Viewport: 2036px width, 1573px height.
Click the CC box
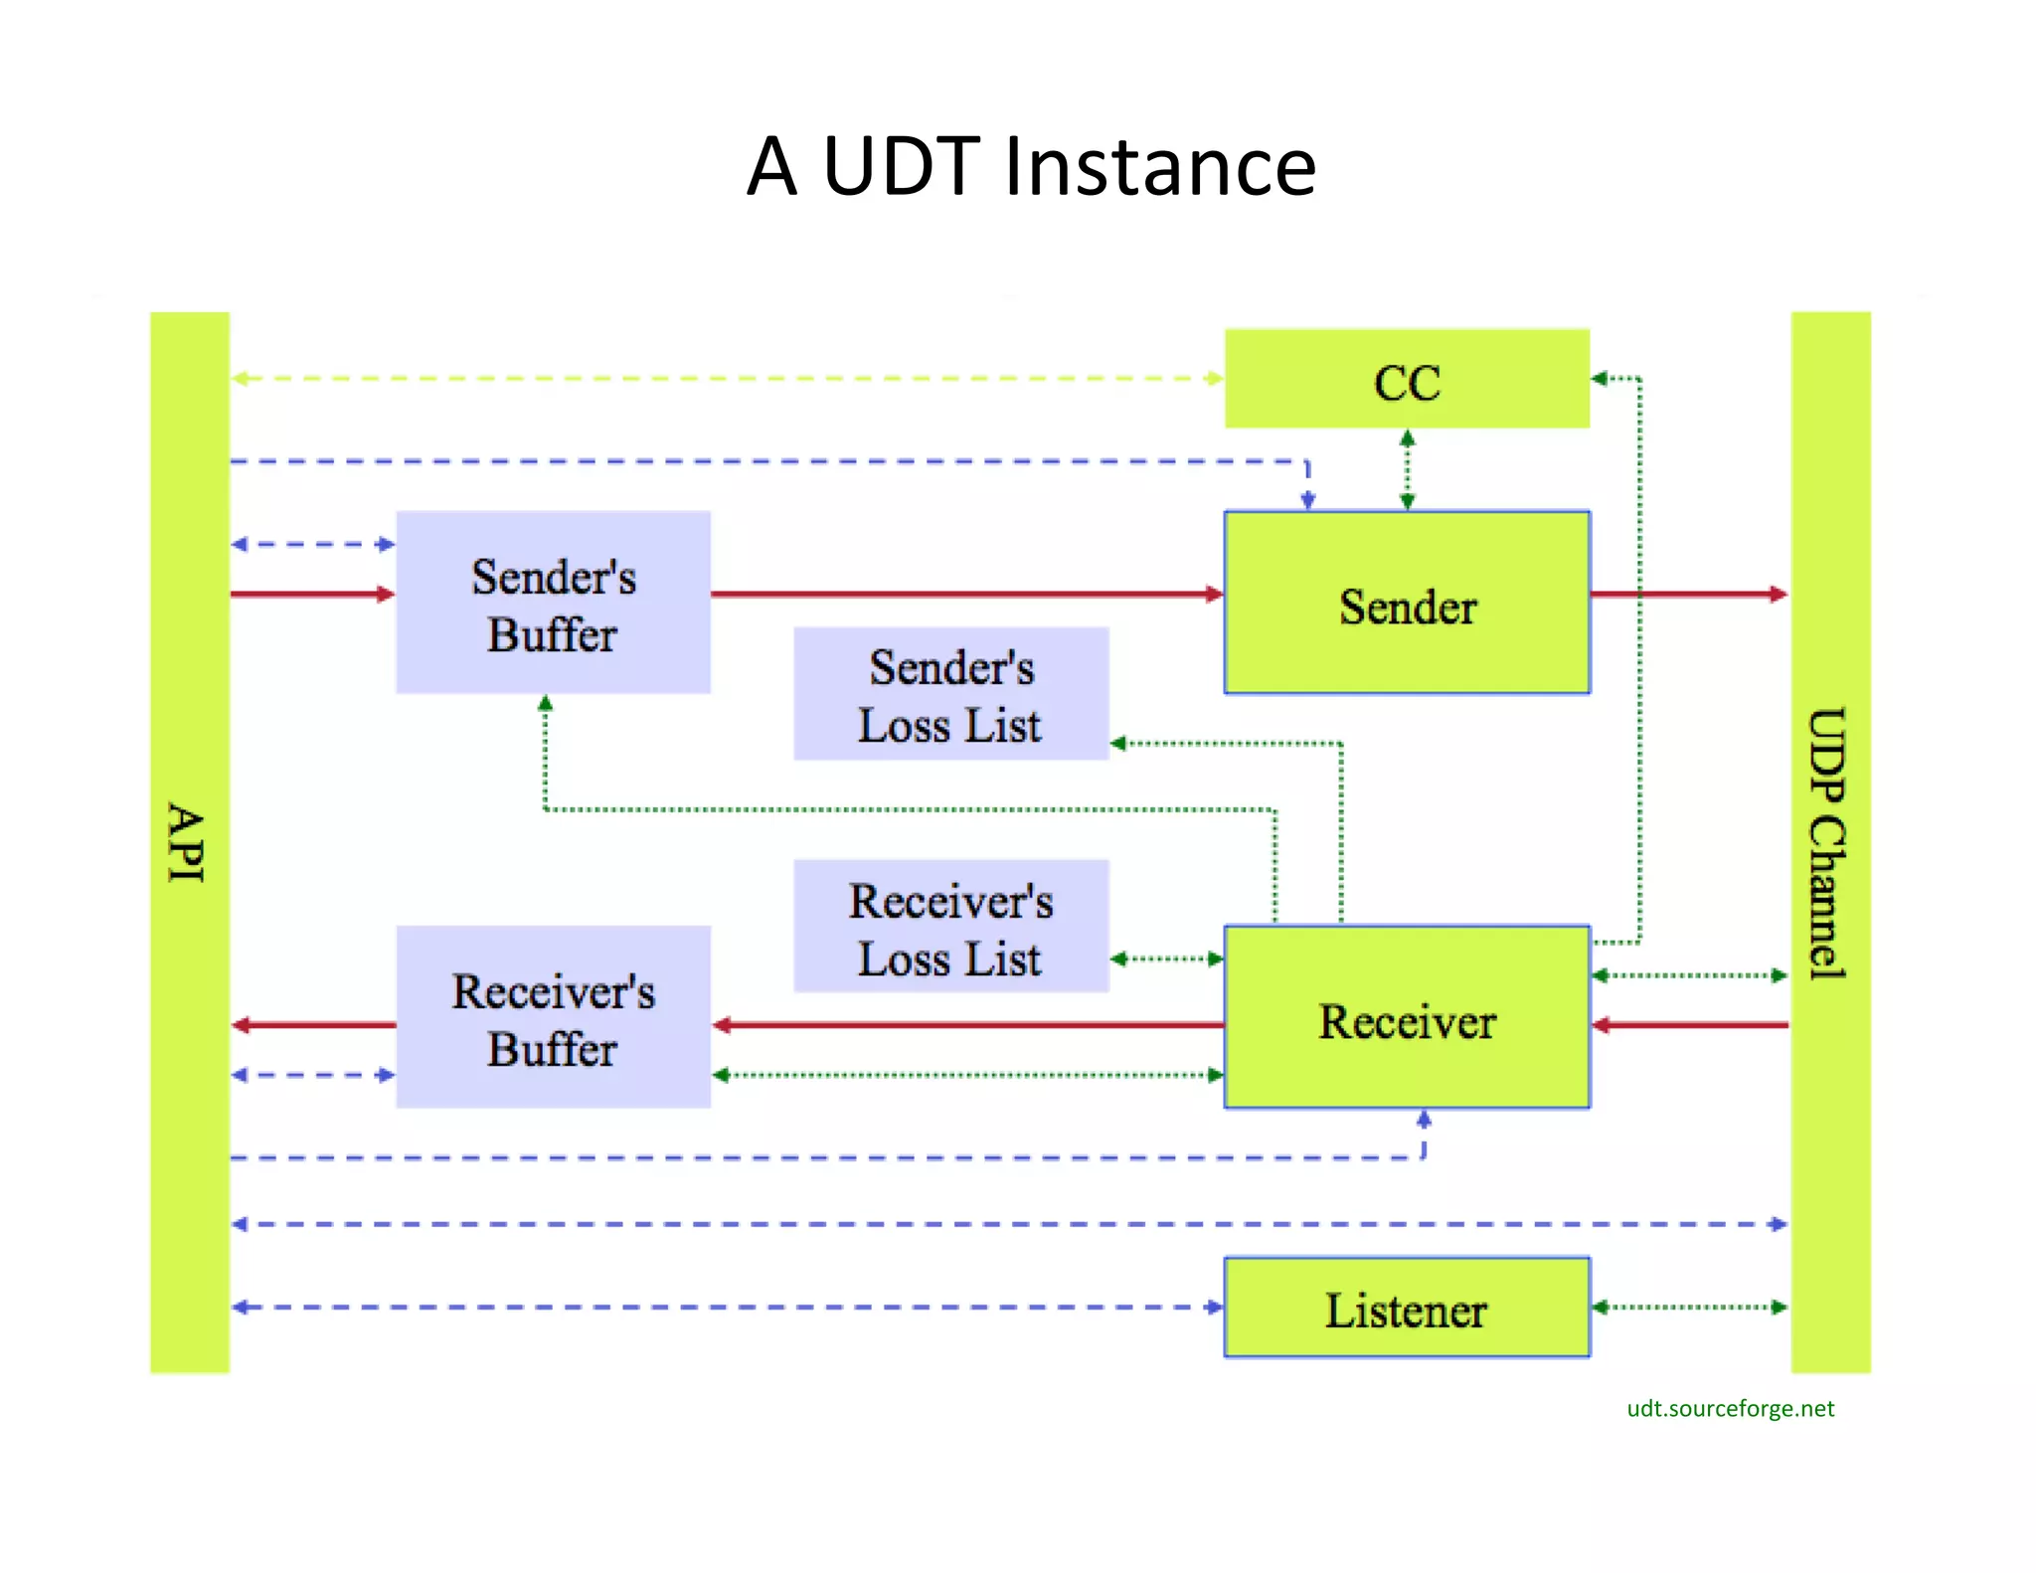[1406, 380]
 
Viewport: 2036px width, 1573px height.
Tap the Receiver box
[1406, 1018]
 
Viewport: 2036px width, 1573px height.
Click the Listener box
[1406, 1308]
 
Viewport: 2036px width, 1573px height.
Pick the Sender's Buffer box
[553, 604]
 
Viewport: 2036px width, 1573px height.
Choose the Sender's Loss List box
[950, 694]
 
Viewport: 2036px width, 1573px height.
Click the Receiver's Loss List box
[950, 927]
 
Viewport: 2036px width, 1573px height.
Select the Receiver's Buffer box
[553, 1018]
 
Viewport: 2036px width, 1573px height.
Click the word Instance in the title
[1159, 166]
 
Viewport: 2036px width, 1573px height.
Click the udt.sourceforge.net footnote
[1730, 1408]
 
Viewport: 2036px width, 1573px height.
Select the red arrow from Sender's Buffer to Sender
[964, 595]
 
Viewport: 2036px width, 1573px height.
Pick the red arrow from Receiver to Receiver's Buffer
[964, 1025]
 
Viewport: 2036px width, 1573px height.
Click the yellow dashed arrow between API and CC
[726, 379]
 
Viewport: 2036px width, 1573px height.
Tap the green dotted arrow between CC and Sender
[1407, 469]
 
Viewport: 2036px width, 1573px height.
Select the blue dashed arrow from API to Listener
[726, 1308]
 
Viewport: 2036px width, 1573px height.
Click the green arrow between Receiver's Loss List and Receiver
[1166, 960]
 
